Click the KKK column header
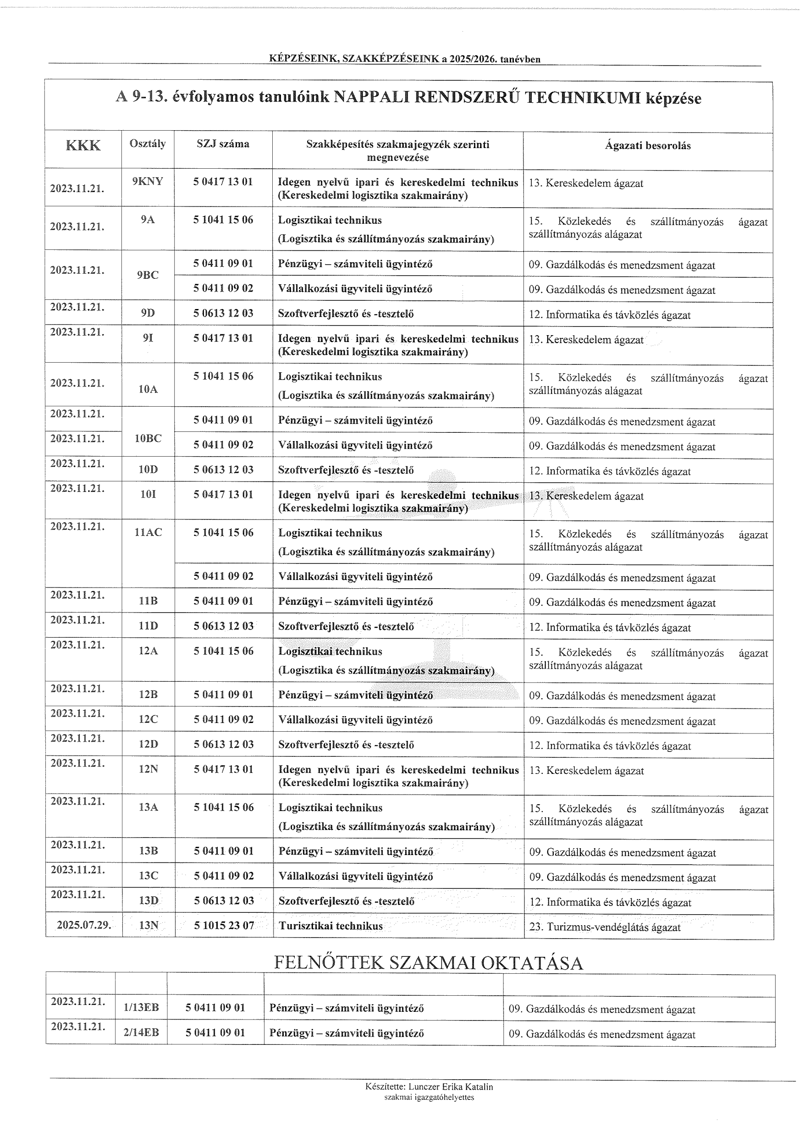click(83, 146)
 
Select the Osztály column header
click(148, 144)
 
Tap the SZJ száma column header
click(223, 144)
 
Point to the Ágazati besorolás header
click(648, 146)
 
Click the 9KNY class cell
click(148, 181)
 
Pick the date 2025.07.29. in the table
click(84, 925)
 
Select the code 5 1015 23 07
click(224, 926)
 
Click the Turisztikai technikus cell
click(330, 926)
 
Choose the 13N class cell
click(149, 926)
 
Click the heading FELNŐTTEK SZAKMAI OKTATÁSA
click(428, 963)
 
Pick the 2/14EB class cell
click(141, 1032)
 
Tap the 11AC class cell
click(148, 533)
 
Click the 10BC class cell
click(148, 438)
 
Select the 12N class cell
click(149, 769)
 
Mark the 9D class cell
click(148, 313)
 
